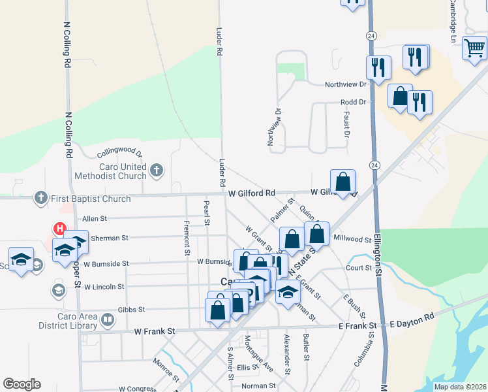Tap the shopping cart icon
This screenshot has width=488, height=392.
(x=474, y=48)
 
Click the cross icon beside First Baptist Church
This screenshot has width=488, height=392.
(x=40, y=198)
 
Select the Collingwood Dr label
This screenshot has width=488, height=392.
(x=120, y=154)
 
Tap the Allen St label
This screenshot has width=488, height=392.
(x=94, y=218)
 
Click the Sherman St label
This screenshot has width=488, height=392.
(x=106, y=238)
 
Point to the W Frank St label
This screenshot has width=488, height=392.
(x=155, y=332)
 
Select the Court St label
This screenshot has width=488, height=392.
(x=359, y=268)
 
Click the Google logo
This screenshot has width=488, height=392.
(x=22, y=384)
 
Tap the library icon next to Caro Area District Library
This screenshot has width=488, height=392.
(x=108, y=320)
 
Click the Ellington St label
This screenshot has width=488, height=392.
(x=378, y=261)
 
